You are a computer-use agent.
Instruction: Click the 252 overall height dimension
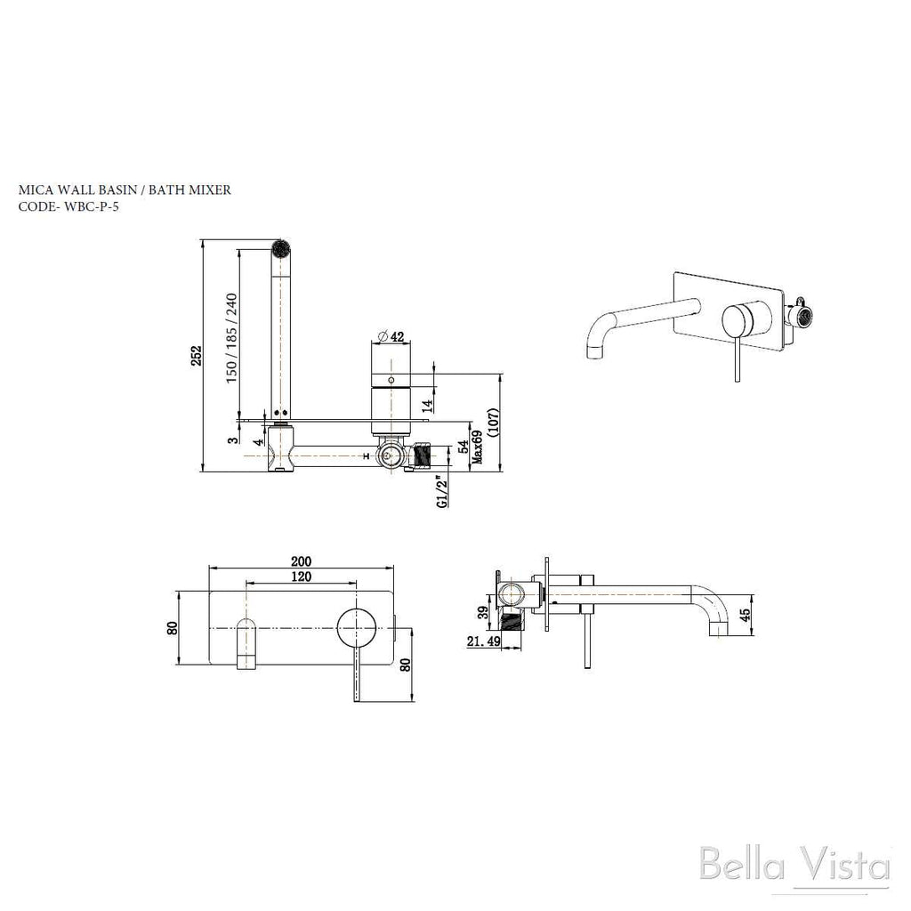197,356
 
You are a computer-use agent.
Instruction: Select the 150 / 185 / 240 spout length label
231,338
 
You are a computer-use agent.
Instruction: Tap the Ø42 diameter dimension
391,336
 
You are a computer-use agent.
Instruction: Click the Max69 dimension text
478,447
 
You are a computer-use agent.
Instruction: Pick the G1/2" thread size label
443,493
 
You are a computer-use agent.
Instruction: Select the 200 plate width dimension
301,561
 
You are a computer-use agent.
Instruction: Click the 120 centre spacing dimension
301,576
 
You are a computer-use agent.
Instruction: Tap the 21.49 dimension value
484,641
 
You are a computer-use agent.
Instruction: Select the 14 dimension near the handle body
427,404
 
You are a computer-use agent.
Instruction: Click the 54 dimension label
463,447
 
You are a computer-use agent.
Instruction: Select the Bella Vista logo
794,865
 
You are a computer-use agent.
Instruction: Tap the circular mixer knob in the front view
356,628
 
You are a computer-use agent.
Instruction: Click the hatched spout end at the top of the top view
280,247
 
